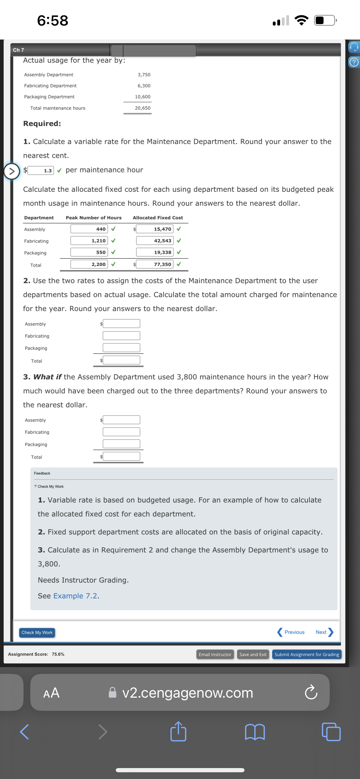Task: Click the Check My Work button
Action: (x=37, y=632)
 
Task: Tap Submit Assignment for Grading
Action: (x=306, y=654)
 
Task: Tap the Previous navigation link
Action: (x=291, y=632)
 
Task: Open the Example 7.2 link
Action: (x=75, y=596)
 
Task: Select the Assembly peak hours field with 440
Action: (x=89, y=229)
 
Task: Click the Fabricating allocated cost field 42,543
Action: (x=154, y=241)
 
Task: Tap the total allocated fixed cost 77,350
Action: (x=154, y=264)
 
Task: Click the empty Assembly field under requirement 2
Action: (x=121, y=324)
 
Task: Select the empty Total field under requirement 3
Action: (x=121, y=456)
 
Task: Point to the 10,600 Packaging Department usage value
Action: (x=142, y=97)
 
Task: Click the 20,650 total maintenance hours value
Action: (x=142, y=108)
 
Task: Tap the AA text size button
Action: (x=51, y=693)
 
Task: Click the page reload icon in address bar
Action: (x=311, y=693)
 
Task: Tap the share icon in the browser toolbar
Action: (x=178, y=732)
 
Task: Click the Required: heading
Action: (x=42, y=123)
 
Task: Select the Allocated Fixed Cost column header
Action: (x=158, y=218)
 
